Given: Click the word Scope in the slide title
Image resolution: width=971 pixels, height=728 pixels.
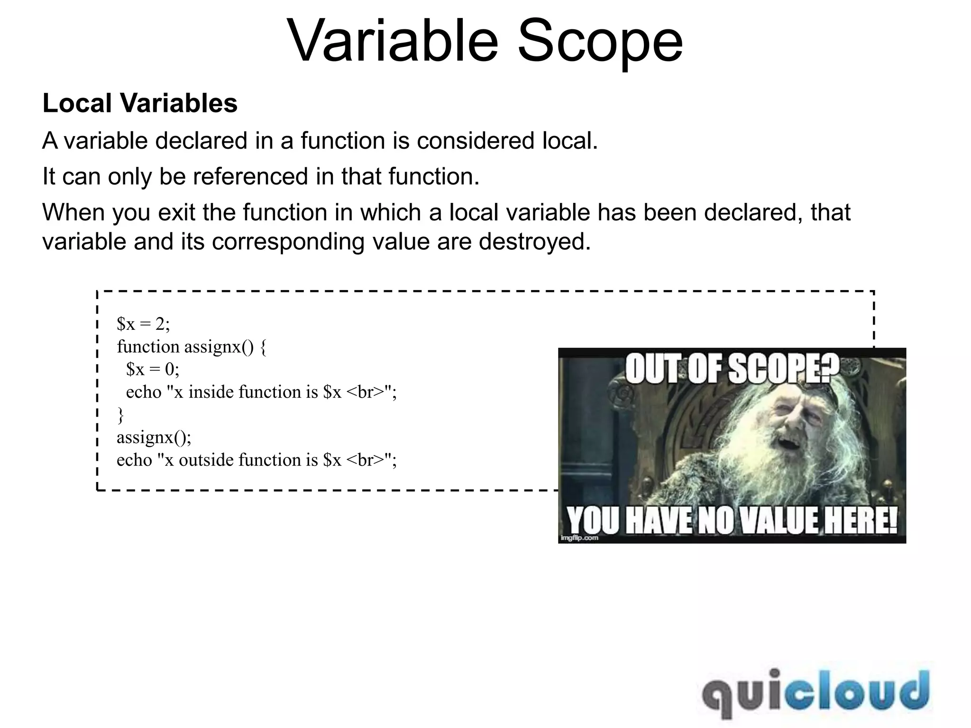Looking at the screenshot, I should (x=600, y=42).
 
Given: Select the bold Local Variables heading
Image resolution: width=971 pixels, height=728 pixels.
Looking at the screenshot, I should (x=140, y=103).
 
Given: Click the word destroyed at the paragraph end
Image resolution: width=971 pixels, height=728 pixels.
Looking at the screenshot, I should (x=534, y=242).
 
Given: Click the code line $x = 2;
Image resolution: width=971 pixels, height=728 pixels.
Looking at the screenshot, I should (x=143, y=324).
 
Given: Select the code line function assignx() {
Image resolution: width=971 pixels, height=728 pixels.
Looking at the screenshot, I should (x=192, y=347).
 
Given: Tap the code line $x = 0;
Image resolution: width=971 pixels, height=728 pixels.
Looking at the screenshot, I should (x=153, y=369).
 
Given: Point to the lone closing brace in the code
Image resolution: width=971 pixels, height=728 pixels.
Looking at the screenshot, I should (x=120, y=415).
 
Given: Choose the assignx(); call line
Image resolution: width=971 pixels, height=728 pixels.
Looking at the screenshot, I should (x=154, y=437).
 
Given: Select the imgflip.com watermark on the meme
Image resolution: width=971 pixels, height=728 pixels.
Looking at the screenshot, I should (x=579, y=538).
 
